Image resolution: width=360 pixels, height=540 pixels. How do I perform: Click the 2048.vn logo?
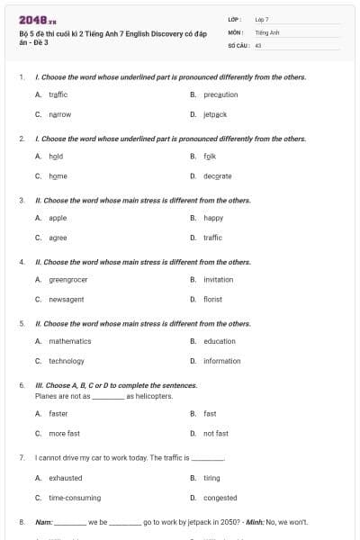pyautogui.click(x=38, y=19)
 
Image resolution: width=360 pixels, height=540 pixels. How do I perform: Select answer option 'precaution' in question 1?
pyautogui.click(x=220, y=94)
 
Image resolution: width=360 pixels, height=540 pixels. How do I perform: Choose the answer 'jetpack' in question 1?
pyautogui.click(x=214, y=115)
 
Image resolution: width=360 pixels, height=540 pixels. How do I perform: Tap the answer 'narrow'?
pyautogui.click(x=59, y=115)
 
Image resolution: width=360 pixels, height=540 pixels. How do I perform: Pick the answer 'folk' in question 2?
pyautogui.click(x=209, y=156)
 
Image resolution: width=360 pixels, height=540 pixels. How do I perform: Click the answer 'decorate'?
pyautogui.click(x=217, y=176)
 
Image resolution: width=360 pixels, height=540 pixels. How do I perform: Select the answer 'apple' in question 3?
pyautogui.click(x=58, y=218)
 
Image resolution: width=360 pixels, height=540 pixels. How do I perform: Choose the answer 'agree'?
pyautogui.click(x=58, y=238)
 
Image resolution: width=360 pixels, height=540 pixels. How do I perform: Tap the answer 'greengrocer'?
pyautogui.click(x=67, y=279)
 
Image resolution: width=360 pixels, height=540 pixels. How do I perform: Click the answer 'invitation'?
pyautogui.click(x=218, y=279)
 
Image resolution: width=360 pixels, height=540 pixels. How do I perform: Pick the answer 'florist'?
pyautogui.click(x=212, y=299)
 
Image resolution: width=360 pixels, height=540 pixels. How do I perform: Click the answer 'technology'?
pyautogui.click(x=66, y=361)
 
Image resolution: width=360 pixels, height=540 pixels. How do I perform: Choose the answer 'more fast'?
pyautogui.click(x=64, y=434)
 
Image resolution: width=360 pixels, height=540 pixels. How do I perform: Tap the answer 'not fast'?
pyautogui.click(x=215, y=434)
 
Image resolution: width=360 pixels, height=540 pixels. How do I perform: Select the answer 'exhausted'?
pyautogui.click(x=65, y=478)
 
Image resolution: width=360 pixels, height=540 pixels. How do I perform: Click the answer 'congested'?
pyautogui.click(x=220, y=498)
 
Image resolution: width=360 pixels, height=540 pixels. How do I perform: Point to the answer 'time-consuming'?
pyautogui.click(x=74, y=498)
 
